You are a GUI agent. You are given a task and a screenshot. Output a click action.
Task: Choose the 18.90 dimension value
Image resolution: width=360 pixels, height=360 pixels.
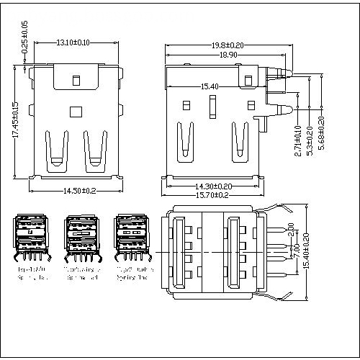228,55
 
